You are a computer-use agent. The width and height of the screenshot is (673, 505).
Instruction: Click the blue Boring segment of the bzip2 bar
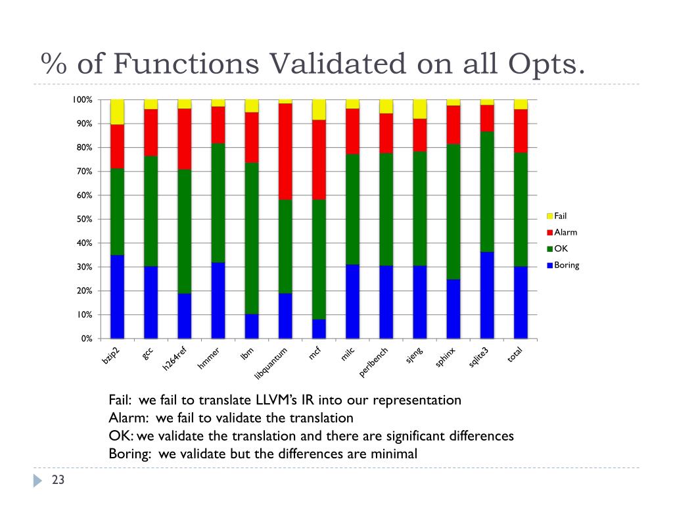pos(118,297)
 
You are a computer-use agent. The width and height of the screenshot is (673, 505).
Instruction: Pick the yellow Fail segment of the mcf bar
pos(319,110)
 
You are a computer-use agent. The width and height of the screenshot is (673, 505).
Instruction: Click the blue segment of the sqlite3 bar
pos(487,295)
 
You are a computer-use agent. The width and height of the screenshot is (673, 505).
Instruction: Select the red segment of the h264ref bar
pos(185,139)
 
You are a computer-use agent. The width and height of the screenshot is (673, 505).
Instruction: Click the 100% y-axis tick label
pos(82,100)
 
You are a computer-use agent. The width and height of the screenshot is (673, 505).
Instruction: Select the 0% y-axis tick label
pos(86,339)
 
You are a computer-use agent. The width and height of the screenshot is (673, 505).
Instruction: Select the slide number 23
pos(58,481)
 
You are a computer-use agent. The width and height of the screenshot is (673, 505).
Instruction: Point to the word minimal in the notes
pos(394,453)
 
